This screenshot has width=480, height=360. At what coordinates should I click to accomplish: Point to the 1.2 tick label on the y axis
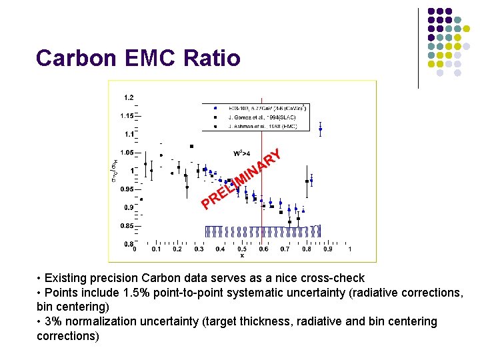pos(128,97)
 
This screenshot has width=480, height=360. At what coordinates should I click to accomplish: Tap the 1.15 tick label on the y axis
pos(127,116)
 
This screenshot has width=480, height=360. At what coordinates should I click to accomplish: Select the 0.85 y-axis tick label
pos(127,225)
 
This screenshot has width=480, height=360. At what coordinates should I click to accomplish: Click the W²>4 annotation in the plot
pos(241,153)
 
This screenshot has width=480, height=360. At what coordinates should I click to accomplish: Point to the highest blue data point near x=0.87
pos(321,129)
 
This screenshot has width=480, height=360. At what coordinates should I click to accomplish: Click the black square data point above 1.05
pos(191,146)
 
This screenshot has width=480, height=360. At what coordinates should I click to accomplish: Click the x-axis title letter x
pos(242,255)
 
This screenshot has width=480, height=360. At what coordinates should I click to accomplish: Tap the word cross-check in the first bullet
pos(336,278)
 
